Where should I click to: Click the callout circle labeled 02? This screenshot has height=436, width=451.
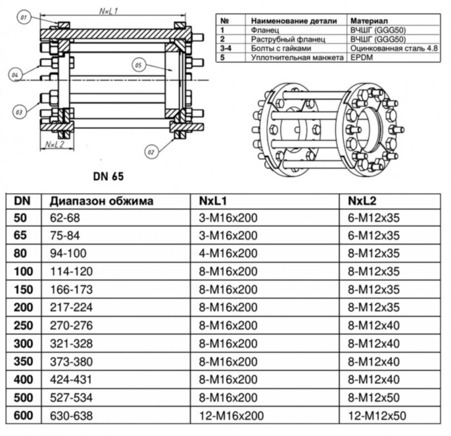[151, 152]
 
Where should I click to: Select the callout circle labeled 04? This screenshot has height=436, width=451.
[15, 76]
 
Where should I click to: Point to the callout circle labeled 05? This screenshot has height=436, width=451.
[138, 64]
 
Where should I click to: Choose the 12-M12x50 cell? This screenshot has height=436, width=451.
[377, 416]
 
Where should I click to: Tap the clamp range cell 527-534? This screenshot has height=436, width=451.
[70, 399]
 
